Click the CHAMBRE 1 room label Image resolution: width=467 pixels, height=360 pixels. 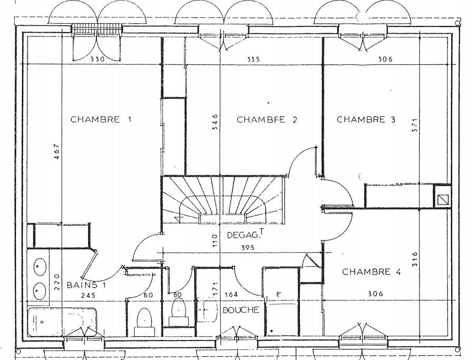tap(101, 119)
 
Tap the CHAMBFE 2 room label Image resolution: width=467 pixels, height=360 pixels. tap(267, 120)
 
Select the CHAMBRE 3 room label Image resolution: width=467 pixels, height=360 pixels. tap(366, 119)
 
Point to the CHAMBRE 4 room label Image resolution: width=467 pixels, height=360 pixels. tap(372, 272)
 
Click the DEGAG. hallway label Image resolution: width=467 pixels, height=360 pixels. tap(242, 235)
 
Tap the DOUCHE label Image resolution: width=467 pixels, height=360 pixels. tap(240, 310)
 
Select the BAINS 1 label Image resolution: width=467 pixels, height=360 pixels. tap(86, 285)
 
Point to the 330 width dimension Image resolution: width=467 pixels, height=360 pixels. tap(98, 60)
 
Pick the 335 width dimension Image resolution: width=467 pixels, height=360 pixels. tap(253, 60)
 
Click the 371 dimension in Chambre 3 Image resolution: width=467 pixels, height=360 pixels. tap(415, 125)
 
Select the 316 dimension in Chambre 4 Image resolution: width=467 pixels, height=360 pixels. tap(415, 259)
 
